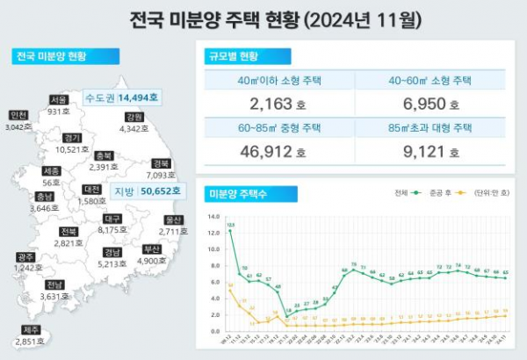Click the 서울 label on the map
[59, 99]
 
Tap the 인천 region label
[18, 115]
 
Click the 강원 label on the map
[134, 117]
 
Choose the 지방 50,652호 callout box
[147, 190]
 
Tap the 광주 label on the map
[25, 256]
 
